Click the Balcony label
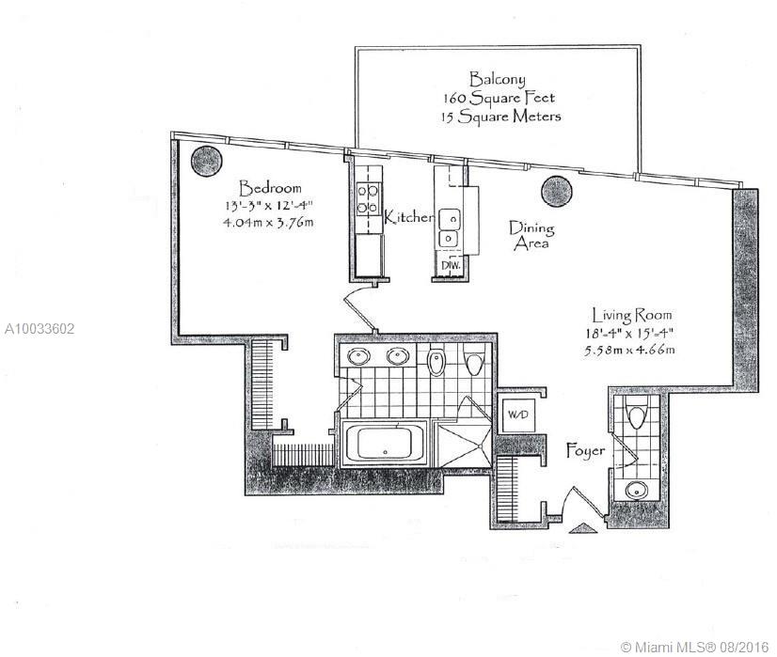pyautogui.click(x=497, y=79)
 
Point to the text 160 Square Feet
pyautogui.click(x=499, y=98)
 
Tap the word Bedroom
pyautogui.click(x=270, y=188)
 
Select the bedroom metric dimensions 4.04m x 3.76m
pyautogui.click(x=269, y=222)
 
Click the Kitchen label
pyautogui.click(x=408, y=217)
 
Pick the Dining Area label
pyautogui.click(x=531, y=236)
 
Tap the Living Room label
pyautogui.click(x=632, y=315)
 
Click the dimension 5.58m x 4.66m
pyautogui.click(x=629, y=351)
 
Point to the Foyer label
pyautogui.click(x=586, y=450)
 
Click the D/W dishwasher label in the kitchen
pyautogui.click(x=451, y=265)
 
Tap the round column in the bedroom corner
pyautogui.click(x=206, y=161)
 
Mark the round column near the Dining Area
pyautogui.click(x=557, y=191)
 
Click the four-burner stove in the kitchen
pyautogui.click(x=368, y=199)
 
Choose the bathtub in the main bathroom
pyautogui.click(x=385, y=443)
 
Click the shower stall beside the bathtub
pyautogui.click(x=462, y=443)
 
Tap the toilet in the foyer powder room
pyautogui.click(x=636, y=415)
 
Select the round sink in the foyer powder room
pyautogui.click(x=635, y=491)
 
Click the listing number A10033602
pyautogui.click(x=40, y=329)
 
